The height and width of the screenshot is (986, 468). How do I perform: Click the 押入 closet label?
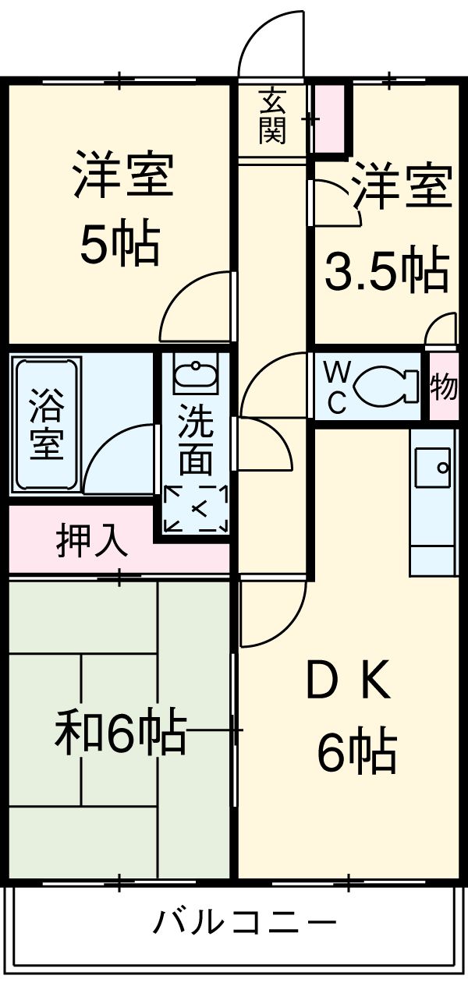[x=92, y=540]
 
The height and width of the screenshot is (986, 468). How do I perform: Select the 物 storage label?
[x=444, y=387]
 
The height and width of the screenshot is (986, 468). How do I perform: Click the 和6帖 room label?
[x=121, y=732]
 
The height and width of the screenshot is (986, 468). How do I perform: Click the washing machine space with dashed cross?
[x=196, y=510]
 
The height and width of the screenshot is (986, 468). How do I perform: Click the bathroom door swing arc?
[x=119, y=460]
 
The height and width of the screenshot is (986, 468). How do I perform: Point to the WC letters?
[x=336, y=387]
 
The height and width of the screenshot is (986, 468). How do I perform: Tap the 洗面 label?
[x=195, y=441]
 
